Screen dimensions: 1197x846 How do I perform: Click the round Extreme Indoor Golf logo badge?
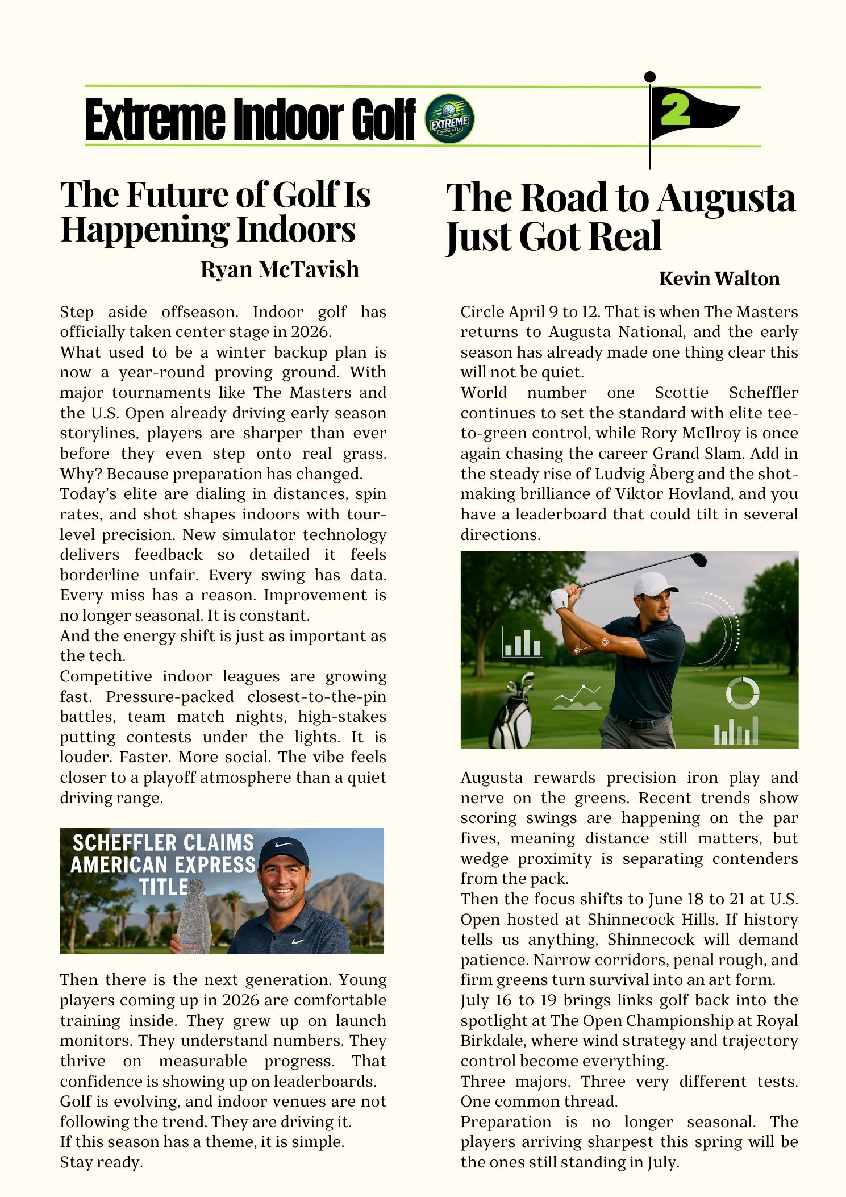click(449, 119)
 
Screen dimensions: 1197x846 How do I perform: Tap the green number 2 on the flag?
click(675, 110)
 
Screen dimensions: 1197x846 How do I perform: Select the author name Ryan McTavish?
click(280, 269)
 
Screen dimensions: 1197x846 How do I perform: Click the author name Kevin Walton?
click(719, 279)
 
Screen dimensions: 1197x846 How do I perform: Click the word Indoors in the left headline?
click(296, 230)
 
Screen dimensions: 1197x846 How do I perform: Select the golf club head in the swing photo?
click(698, 559)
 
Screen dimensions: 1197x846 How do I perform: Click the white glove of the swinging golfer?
click(560, 597)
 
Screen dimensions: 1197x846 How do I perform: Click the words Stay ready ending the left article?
click(101, 1162)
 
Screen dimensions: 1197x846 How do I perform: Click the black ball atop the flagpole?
click(650, 77)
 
